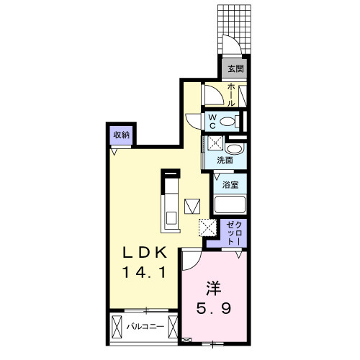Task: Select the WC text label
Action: click(214, 120)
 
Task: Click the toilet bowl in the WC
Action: click(229, 121)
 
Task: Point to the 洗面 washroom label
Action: click(225, 160)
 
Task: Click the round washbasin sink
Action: click(238, 147)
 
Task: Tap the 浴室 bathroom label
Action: click(230, 184)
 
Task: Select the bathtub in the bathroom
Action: click(230, 205)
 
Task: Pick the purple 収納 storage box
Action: click(121, 135)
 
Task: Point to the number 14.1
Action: click(143, 274)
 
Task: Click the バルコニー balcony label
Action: click(143, 326)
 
